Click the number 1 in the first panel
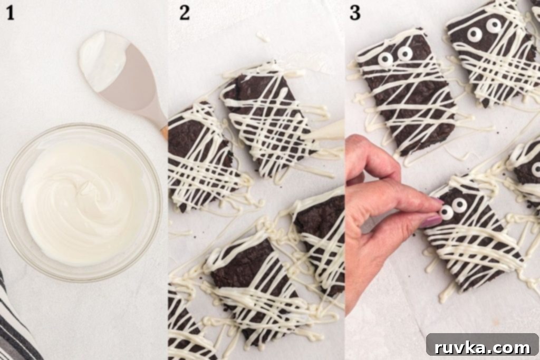coord(10,13)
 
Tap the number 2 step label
coord(185,13)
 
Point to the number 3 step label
coord(355,13)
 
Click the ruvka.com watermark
coord(482,347)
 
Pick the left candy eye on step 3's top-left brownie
coord(385,59)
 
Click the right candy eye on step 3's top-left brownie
coord(404,53)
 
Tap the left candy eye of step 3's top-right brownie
coord(474,33)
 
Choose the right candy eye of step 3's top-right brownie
coord(493,25)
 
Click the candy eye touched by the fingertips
coord(447,212)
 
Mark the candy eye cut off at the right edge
coord(536,169)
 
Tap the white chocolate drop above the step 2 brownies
coord(263,36)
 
